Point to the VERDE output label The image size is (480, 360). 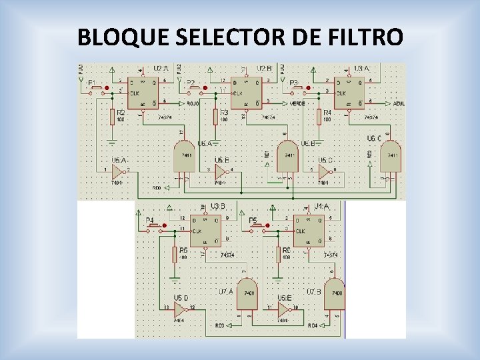pyautogui.click(x=297, y=103)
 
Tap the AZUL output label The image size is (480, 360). pyautogui.click(x=399, y=103)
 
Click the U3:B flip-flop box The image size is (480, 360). pyautogui.click(x=205, y=231)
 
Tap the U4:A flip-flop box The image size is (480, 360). pyautogui.click(x=309, y=231)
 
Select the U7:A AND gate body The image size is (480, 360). pyautogui.click(x=247, y=294)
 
